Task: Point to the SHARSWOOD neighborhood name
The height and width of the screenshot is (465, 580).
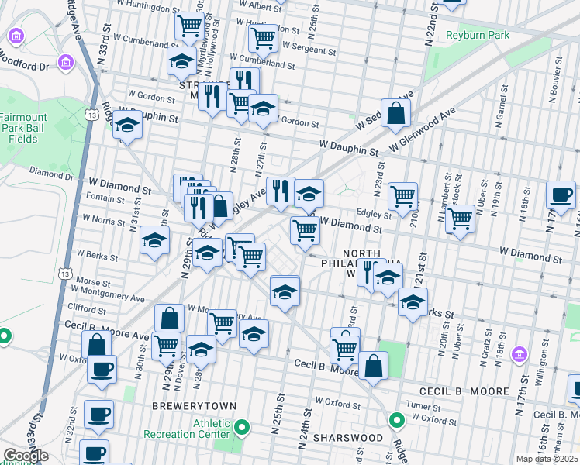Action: (x=348, y=438)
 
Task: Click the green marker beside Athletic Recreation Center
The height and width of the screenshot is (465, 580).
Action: (x=243, y=427)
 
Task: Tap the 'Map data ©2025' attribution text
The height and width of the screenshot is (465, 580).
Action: (x=547, y=459)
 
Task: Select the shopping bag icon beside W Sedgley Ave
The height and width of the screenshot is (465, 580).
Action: (x=395, y=113)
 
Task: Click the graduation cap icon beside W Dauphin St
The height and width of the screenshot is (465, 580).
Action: (x=128, y=124)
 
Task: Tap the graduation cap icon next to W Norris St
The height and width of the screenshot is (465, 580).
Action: (x=155, y=240)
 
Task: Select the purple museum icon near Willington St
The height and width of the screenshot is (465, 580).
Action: (x=520, y=355)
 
